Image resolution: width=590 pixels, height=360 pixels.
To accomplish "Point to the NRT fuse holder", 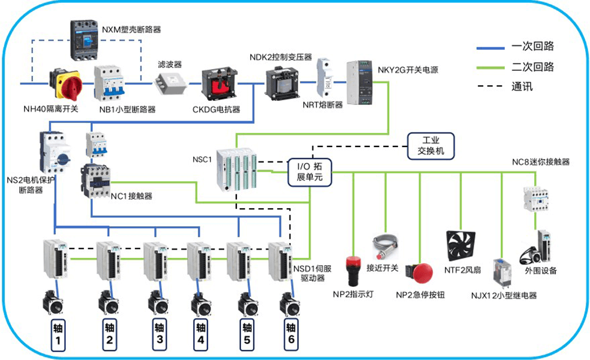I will [324, 77].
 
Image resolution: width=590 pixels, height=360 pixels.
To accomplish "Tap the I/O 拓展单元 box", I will [309, 172].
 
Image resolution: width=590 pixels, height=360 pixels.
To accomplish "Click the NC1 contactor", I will [96, 178].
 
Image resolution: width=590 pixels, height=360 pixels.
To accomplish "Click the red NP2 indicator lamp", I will [354, 270].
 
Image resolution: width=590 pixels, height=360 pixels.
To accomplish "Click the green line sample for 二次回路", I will [490, 66].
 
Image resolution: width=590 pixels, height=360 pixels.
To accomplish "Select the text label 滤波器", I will [169, 64].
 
